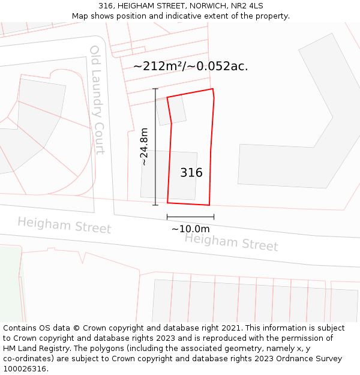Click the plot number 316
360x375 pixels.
191,173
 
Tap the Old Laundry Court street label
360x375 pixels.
97,100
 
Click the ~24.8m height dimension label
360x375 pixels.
144,146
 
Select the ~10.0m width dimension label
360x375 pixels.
190,229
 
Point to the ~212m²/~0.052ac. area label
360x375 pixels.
190,66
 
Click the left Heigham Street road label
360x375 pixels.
64,226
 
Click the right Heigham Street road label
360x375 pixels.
231,242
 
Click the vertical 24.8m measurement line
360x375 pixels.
155,146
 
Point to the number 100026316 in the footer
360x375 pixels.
24,369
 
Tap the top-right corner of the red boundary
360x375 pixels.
212,89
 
